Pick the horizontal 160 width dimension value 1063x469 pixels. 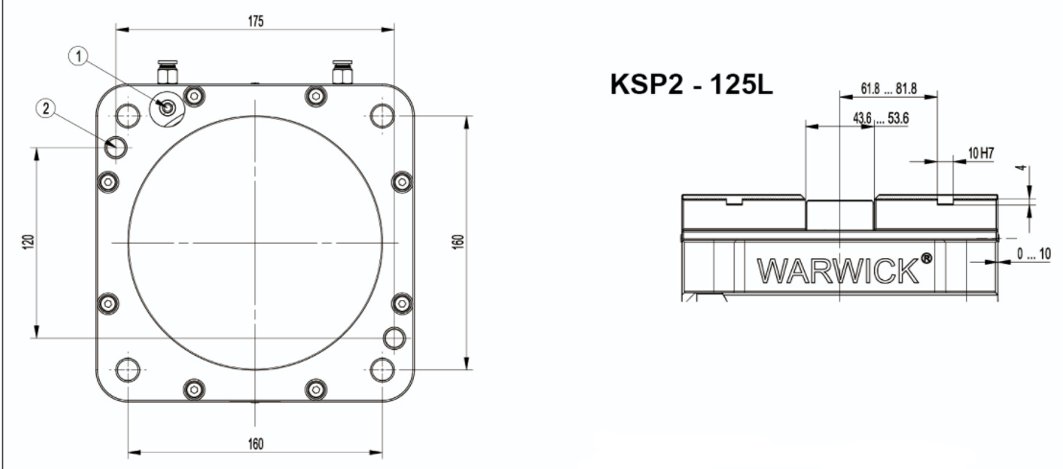pos(255,443)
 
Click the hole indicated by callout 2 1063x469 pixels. pos(116,148)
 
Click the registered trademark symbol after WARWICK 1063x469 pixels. pos(926,260)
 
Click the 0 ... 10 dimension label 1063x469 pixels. pos(1033,256)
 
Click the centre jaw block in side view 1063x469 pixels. pos(839,215)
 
